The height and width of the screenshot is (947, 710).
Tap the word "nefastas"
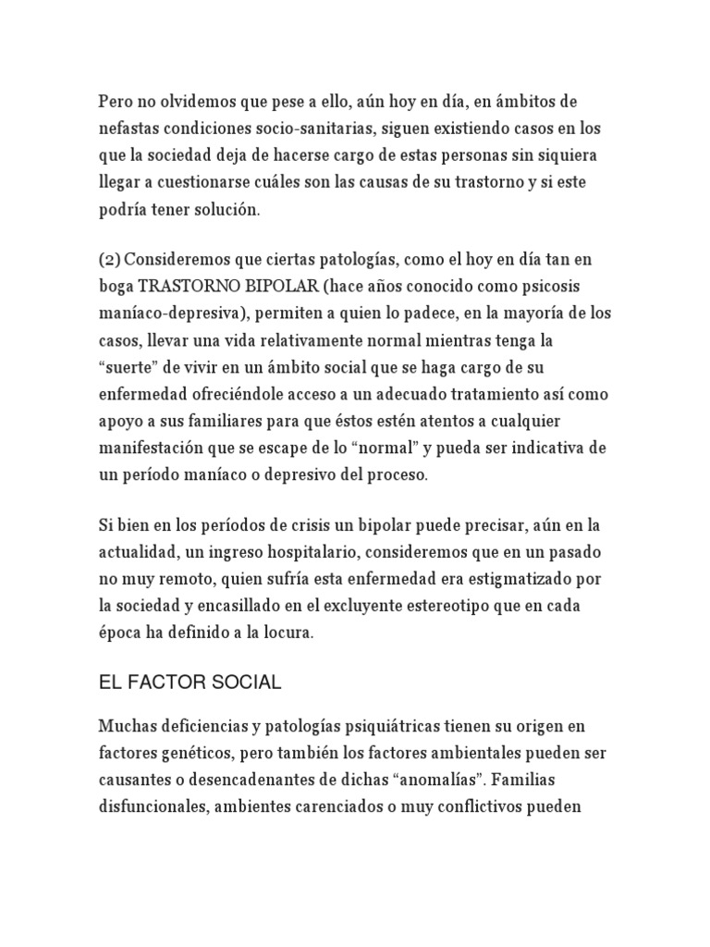[x=133, y=128]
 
